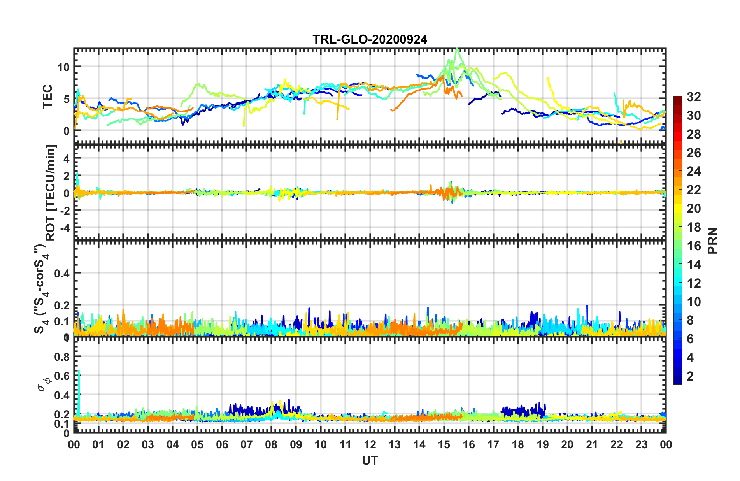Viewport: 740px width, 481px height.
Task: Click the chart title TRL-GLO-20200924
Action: pos(370,39)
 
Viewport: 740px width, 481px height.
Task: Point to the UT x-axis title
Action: pos(370,461)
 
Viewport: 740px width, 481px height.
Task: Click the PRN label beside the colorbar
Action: pos(712,240)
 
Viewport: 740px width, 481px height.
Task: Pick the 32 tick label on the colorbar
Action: pos(694,97)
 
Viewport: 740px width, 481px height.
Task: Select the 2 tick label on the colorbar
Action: pos(690,376)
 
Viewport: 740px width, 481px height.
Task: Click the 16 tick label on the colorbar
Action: pos(694,246)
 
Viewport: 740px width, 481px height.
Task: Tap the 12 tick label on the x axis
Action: pos(370,444)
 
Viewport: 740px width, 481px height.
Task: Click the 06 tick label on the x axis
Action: pos(222,444)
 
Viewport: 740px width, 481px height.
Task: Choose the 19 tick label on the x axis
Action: pos(542,444)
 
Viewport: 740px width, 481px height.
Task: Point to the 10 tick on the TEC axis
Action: pos(63,67)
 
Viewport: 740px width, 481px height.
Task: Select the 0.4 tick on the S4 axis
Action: pos(62,273)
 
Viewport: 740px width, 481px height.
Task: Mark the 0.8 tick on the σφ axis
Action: pos(62,357)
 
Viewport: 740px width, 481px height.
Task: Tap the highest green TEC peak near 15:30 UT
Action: pos(457,49)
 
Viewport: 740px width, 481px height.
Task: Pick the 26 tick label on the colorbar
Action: pos(694,153)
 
